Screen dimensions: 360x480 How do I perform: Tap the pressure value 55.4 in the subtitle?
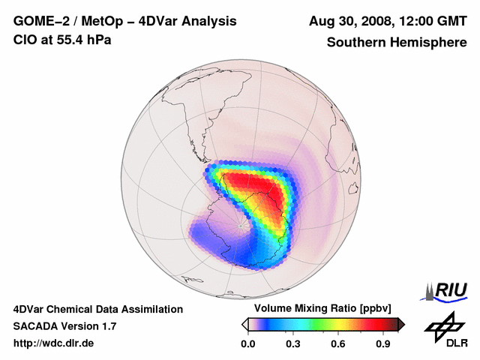coord(71,40)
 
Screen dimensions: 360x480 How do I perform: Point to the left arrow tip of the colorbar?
coord(244,324)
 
